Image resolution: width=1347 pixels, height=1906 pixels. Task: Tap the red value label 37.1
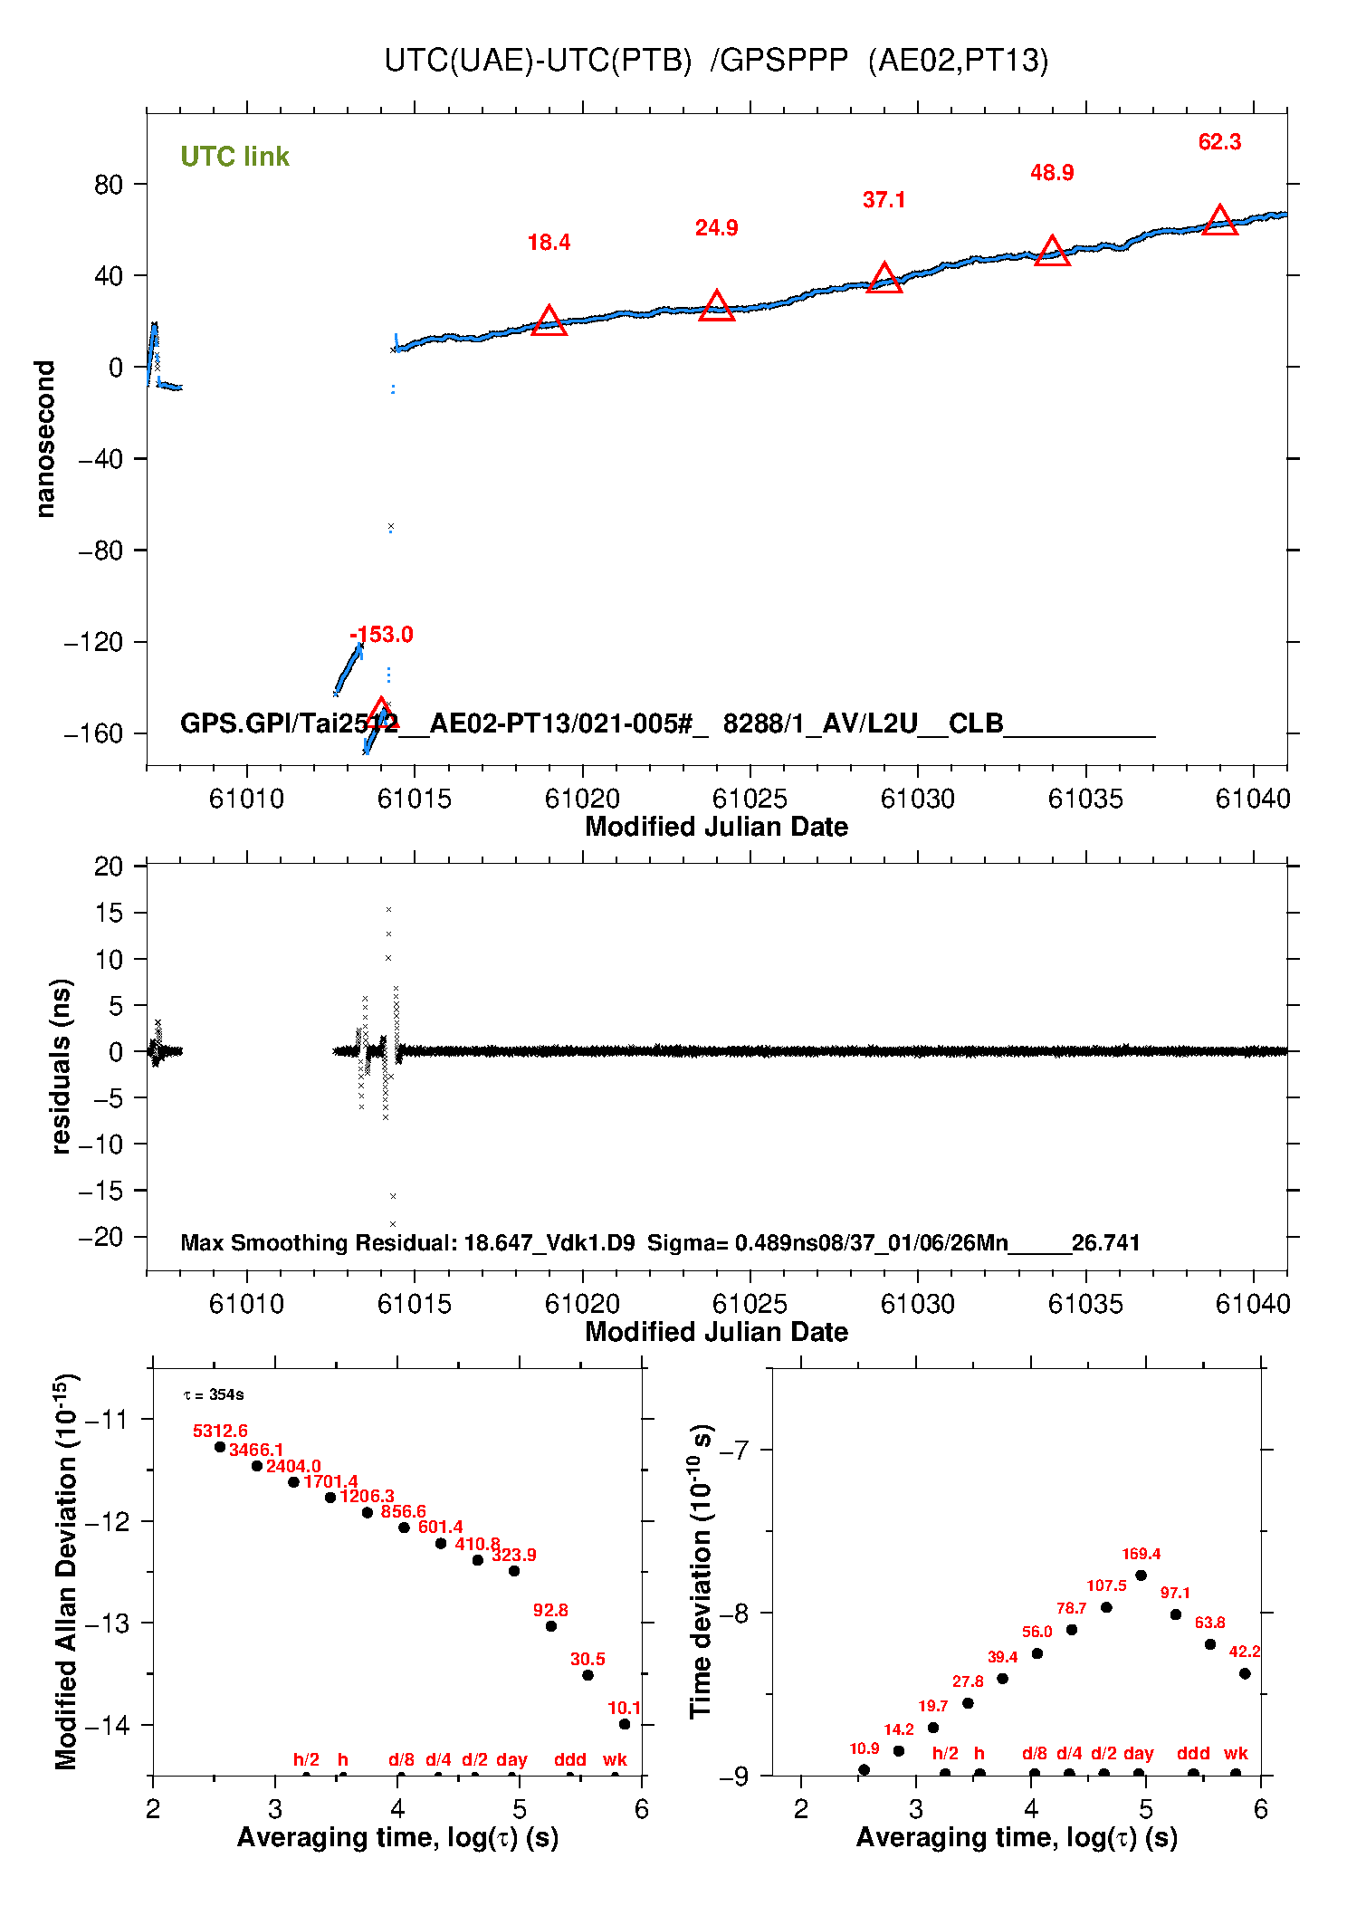click(884, 200)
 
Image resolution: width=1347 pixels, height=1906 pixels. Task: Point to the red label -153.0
click(381, 635)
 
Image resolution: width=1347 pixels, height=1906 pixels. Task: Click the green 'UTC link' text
click(234, 157)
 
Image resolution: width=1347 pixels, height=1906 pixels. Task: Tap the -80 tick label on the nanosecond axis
click(100, 551)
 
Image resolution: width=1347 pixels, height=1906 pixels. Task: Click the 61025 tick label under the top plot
click(750, 799)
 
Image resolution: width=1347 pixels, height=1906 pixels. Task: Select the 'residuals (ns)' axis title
click(61, 1066)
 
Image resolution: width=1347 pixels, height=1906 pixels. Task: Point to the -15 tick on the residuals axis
click(100, 1191)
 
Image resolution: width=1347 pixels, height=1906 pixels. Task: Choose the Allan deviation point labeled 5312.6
click(220, 1447)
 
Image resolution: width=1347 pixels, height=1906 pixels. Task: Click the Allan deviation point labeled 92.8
click(550, 1626)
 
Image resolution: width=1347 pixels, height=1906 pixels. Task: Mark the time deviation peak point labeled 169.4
click(1141, 1576)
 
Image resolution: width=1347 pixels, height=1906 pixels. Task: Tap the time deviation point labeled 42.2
click(1245, 1673)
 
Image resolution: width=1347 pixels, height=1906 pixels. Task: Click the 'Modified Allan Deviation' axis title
click(66, 1571)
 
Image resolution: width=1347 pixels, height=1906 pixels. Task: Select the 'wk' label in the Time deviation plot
click(1236, 1753)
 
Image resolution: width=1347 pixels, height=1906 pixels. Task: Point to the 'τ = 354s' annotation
click(214, 1394)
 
